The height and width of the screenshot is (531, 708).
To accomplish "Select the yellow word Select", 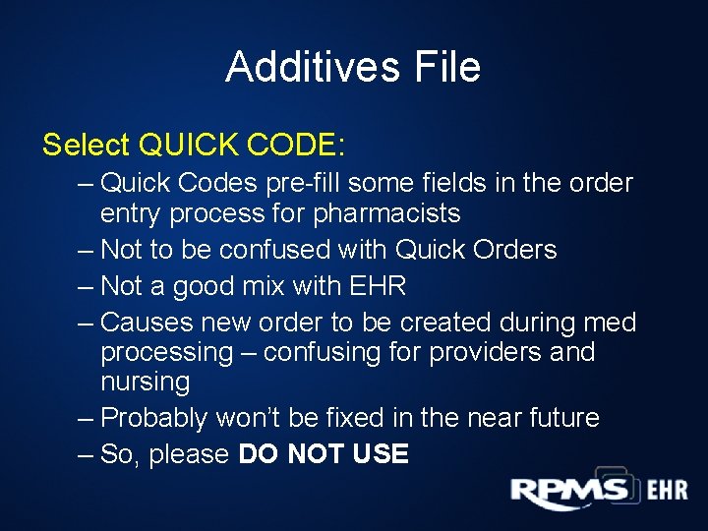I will [87, 146].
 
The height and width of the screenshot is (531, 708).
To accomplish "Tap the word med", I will [611, 323].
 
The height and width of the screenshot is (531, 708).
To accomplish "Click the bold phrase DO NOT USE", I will [324, 454].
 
